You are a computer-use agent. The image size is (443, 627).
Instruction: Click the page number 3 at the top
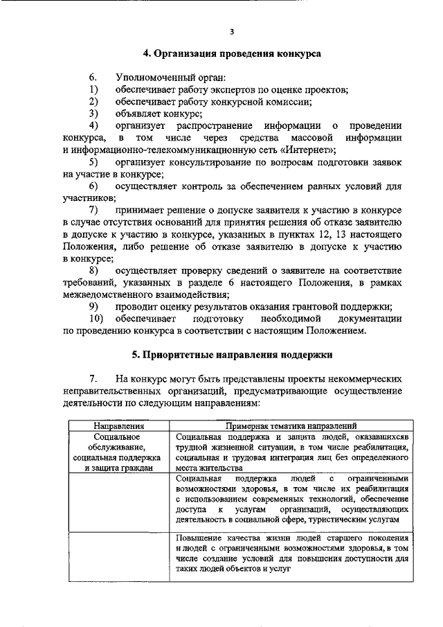tap(233, 32)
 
